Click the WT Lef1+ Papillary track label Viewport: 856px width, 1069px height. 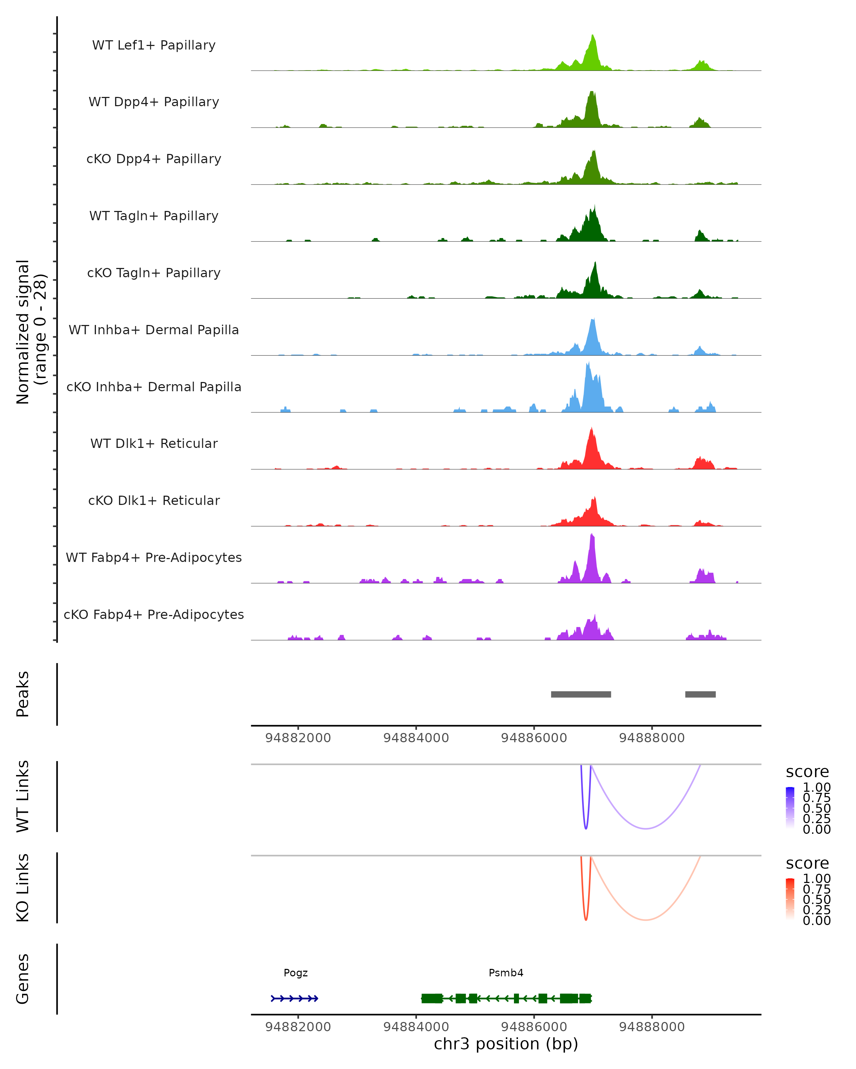click(154, 45)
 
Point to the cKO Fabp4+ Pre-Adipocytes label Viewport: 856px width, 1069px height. click(154, 614)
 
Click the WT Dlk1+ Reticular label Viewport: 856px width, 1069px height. click(154, 443)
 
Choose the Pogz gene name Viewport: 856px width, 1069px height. click(296, 972)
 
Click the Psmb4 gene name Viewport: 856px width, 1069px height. click(506, 972)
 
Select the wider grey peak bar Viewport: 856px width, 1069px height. click(581, 694)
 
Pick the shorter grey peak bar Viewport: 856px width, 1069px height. click(700, 694)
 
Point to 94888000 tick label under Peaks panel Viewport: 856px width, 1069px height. click(652, 738)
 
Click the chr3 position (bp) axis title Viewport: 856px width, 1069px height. click(506, 1044)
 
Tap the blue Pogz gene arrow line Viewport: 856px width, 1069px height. click(294, 998)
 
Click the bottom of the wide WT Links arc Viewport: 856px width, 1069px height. click(645, 828)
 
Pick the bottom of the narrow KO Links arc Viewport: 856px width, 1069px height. click(586, 920)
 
